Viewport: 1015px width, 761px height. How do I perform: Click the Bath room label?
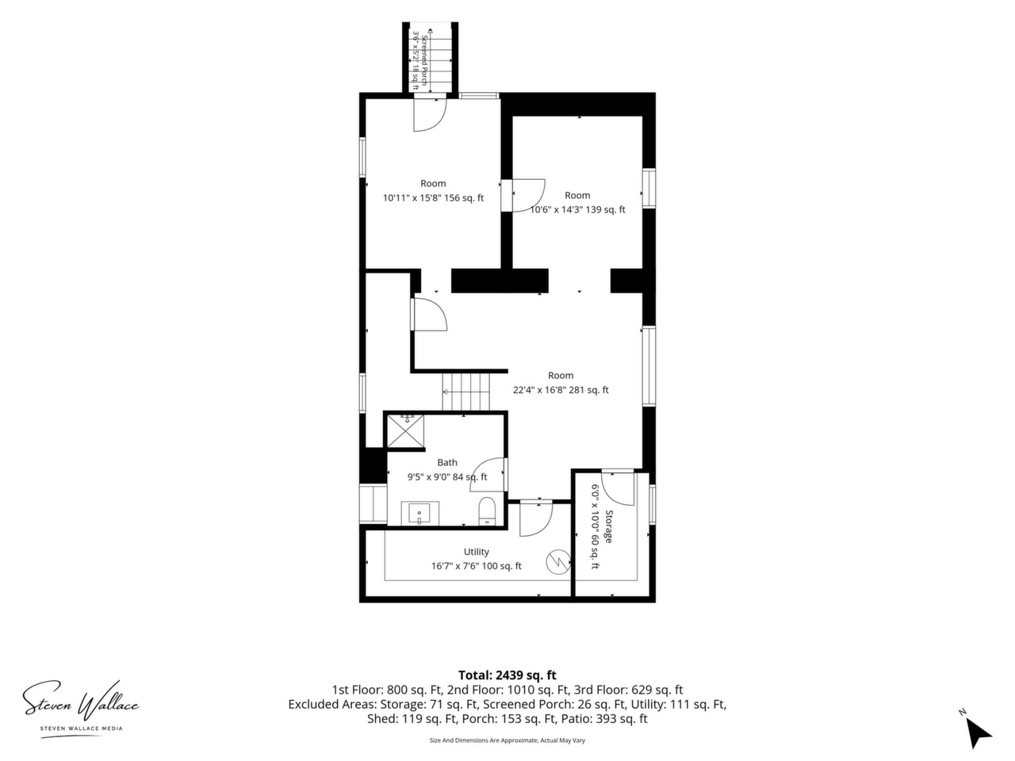point(446,462)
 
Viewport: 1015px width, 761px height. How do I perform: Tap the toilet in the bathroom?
point(486,511)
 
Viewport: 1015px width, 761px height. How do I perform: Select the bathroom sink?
point(419,514)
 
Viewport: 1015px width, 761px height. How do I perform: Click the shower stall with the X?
point(405,431)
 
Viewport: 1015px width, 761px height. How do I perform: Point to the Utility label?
point(476,552)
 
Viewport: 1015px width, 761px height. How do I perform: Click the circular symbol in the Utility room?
point(558,562)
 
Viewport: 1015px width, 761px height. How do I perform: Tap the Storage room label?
point(608,526)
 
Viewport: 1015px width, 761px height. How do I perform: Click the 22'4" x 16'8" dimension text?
point(561,390)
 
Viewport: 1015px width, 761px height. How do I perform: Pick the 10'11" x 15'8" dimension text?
point(433,198)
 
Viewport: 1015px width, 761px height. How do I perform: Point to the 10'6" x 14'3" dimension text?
point(577,210)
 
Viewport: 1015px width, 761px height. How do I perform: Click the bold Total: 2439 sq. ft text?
point(507,675)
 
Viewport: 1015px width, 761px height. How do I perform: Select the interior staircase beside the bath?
point(465,392)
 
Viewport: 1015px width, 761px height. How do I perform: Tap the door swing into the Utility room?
point(536,519)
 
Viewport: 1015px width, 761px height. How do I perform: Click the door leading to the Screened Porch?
point(430,113)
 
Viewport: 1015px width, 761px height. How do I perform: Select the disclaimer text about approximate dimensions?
point(507,740)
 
